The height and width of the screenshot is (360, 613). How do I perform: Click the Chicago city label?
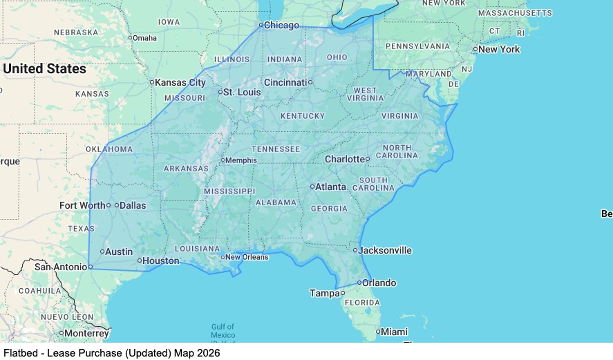coord(282,26)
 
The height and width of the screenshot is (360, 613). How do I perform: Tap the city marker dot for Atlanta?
coord(312,187)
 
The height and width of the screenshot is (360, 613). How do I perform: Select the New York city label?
coord(499,50)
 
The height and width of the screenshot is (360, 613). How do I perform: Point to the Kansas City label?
coord(180,82)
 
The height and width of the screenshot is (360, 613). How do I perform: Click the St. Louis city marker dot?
coord(220,92)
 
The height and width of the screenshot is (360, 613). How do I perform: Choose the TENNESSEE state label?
coord(276,149)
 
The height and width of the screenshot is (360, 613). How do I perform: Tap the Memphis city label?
coord(241,160)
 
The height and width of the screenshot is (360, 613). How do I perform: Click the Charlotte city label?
coord(344,159)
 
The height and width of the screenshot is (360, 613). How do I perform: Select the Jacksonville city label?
coord(386,250)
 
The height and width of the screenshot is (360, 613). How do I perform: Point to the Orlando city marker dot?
coord(359,283)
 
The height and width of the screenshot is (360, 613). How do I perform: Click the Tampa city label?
coord(324,293)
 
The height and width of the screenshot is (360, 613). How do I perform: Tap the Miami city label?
coord(394,332)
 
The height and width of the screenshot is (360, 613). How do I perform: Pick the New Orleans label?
coord(247,257)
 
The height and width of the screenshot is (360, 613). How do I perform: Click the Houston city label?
coord(161,261)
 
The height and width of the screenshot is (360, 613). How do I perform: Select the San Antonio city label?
coord(60,267)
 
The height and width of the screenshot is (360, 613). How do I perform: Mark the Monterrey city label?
coord(86,333)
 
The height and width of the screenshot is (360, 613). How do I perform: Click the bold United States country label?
coord(44,68)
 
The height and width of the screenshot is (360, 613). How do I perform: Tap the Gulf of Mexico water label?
coord(223,331)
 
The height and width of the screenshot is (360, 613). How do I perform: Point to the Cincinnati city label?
coord(285,82)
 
